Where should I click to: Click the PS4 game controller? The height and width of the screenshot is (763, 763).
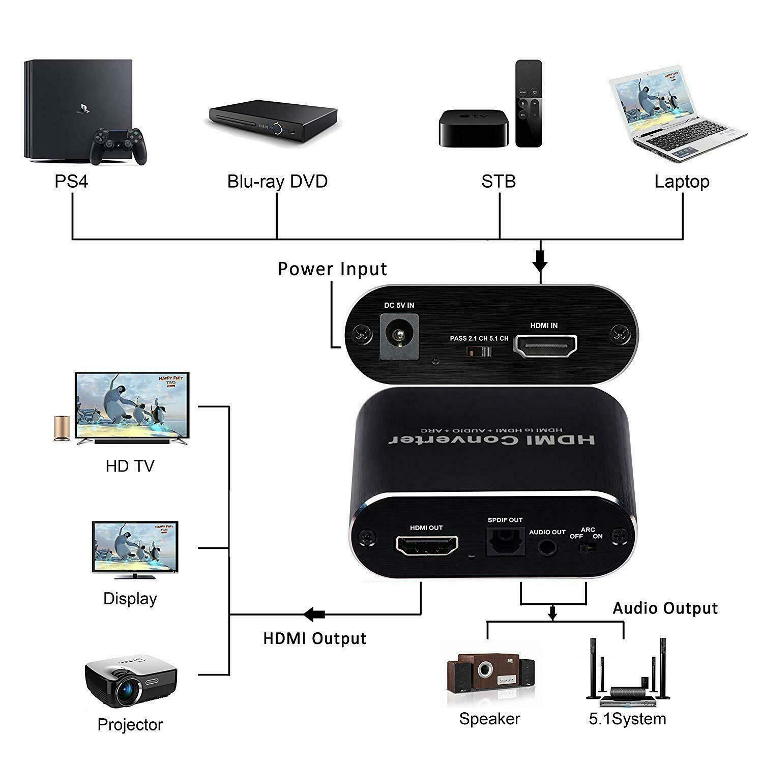coord(119,146)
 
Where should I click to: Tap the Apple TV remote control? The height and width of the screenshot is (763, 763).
coord(529,103)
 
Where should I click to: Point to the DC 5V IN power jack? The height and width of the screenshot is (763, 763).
coord(399,335)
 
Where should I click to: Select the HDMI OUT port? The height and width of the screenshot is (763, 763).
coord(426,546)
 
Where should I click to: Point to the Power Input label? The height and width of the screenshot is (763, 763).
coord(333,269)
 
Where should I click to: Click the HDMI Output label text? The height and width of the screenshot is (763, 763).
coord(315,638)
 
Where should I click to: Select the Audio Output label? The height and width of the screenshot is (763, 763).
coord(665,608)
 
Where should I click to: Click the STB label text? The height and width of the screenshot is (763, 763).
coord(498,182)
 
